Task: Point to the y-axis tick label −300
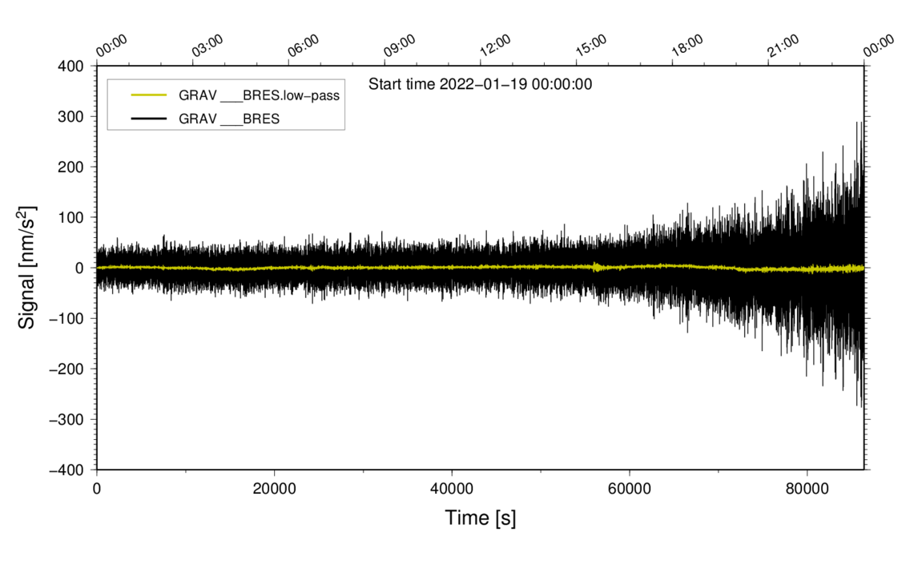(68, 419)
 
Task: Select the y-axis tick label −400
(68, 470)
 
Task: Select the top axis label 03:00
(207, 46)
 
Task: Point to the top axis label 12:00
(495, 46)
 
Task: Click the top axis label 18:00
(686, 46)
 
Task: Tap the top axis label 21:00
(783, 46)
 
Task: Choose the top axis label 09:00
(399, 46)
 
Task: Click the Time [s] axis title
(481, 519)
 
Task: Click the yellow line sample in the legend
(148, 95)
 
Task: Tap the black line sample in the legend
(148, 119)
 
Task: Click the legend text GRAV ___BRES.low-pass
(260, 95)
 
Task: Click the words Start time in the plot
(402, 83)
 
